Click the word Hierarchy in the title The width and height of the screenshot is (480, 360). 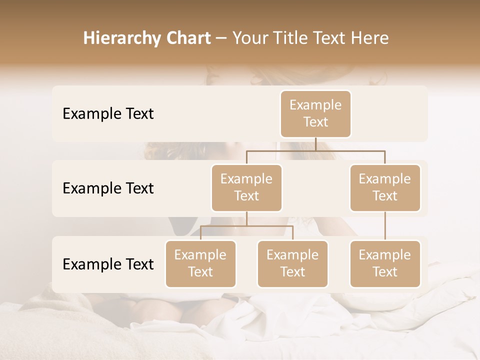(114, 38)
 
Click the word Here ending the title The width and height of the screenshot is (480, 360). (371, 38)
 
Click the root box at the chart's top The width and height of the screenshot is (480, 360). (315, 113)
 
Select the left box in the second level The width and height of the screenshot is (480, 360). (246, 187)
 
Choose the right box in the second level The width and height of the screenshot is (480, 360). (385, 187)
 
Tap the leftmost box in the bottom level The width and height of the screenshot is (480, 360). (200, 263)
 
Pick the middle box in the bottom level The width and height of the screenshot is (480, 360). (292, 263)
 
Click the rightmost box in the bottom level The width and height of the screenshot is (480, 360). (385, 263)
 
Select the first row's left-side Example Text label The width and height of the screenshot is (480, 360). (108, 113)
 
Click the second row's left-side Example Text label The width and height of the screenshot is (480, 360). (108, 188)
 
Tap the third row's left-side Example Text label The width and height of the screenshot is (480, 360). (108, 264)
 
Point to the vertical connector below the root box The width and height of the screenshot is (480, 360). (315, 144)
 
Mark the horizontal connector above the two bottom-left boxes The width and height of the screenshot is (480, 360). (246, 226)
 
